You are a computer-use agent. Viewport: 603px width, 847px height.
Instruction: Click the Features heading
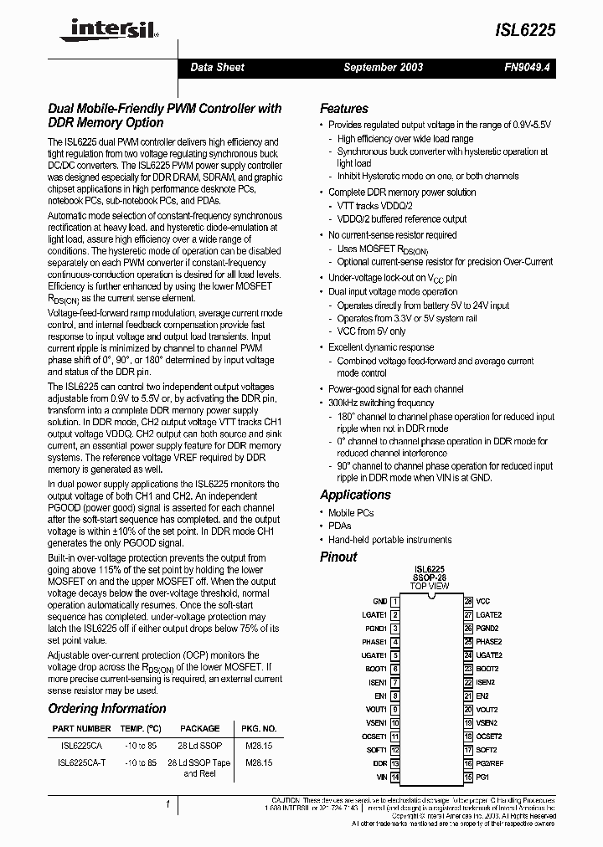tap(343, 109)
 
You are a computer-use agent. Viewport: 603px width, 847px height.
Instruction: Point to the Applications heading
tap(355, 495)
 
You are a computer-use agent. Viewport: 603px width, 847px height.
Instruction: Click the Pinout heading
tap(338, 557)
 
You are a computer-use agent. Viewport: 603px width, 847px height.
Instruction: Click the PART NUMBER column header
tap(81, 728)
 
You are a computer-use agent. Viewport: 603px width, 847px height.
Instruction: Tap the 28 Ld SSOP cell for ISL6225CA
tap(200, 745)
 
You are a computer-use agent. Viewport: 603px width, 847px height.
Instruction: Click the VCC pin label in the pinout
tap(482, 601)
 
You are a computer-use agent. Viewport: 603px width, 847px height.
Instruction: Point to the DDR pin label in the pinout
tap(379, 764)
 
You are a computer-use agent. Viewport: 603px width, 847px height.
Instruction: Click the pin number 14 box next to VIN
tap(394, 778)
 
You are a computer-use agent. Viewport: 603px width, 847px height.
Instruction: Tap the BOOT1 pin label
tap(375, 669)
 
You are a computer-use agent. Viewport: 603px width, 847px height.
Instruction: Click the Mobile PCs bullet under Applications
tap(350, 513)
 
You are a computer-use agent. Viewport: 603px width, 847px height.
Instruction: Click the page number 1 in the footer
tap(168, 805)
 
